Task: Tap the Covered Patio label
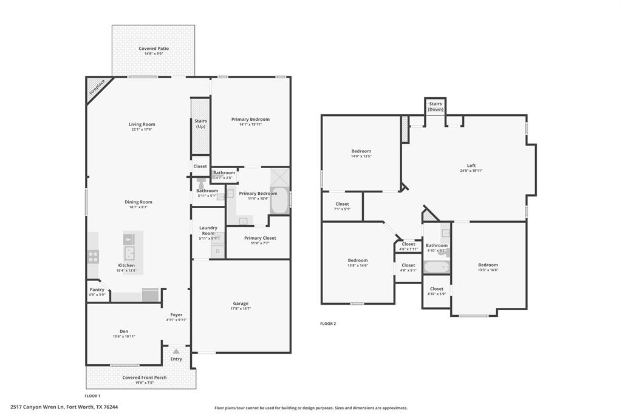click(x=153, y=49)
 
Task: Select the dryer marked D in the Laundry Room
click(x=217, y=251)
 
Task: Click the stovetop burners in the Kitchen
click(x=93, y=256)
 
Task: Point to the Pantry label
click(x=97, y=290)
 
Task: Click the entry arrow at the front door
click(x=176, y=351)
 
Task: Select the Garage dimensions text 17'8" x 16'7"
click(x=241, y=308)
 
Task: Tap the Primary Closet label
click(x=260, y=238)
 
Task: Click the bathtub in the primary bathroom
click(x=279, y=200)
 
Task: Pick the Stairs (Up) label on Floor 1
click(x=200, y=124)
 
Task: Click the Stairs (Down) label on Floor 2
click(x=436, y=106)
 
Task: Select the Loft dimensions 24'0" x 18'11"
click(x=471, y=171)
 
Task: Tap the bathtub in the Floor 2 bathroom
click(x=436, y=266)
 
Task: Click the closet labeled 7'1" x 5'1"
click(x=342, y=206)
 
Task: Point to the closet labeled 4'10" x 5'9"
click(x=436, y=291)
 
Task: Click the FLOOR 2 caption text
click(x=328, y=324)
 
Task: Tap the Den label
click(x=124, y=331)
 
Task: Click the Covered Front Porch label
click(x=145, y=378)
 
